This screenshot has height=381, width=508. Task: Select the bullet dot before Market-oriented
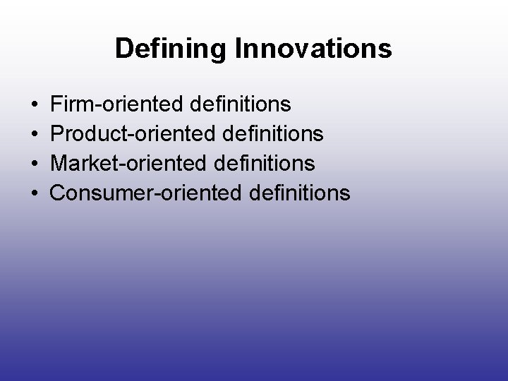[35, 164]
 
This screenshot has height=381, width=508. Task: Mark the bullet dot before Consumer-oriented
[35, 193]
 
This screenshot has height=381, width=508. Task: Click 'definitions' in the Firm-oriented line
[241, 105]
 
